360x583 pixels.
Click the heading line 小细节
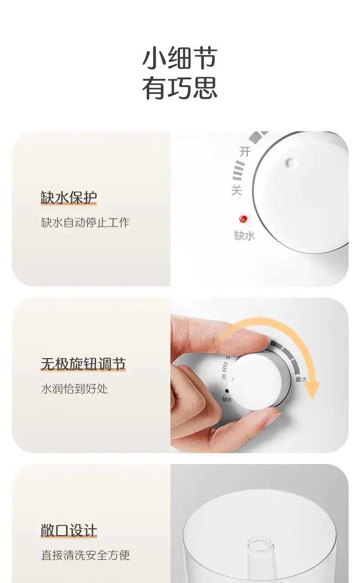(x=180, y=58)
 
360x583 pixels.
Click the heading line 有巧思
(x=180, y=88)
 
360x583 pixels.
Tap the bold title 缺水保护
(x=69, y=197)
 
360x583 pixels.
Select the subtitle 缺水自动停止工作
(x=85, y=222)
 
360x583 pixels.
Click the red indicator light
(x=243, y=219)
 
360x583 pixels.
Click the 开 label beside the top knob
(x=245, y=151)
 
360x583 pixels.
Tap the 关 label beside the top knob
(x=237, y=190)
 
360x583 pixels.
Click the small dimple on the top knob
(x=290, y=162)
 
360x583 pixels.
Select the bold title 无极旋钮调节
(x=83, y=364)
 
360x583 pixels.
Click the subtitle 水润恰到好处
(x=74, y=389)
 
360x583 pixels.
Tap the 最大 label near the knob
(x=301, y=379)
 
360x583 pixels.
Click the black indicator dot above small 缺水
(x=226, y=391)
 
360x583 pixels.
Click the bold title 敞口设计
(x=69, y=531)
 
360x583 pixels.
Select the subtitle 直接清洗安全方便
(x=85, y=555)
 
